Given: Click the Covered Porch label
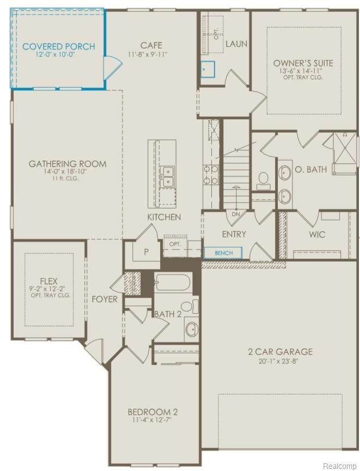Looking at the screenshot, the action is click(x=59, y=47).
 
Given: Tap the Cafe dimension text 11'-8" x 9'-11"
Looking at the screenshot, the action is click(x=148, y=54).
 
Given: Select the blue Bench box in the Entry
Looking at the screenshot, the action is click(x=223, y=253).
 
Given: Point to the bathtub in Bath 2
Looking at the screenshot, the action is click(x=172, y=283).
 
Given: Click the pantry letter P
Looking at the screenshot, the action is click(x=146, y=252).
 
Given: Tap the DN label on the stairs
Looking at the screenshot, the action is click(x=236, y=214).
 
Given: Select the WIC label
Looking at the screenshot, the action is click(x=317, y=234).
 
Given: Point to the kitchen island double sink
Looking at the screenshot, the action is click(x=167, y=176).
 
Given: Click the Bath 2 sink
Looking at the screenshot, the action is click(x=192, y=329).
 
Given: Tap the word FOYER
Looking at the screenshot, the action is click(x=104, y=299).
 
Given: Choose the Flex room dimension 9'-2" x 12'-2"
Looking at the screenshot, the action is click(x=47, y=289).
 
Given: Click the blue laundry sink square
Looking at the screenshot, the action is click(x=208, y=69).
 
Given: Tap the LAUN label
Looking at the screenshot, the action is click(x=236, y=44).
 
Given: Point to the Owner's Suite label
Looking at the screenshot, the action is click(x=303, y=63).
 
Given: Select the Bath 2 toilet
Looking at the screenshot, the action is click(x=190, y=307).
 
